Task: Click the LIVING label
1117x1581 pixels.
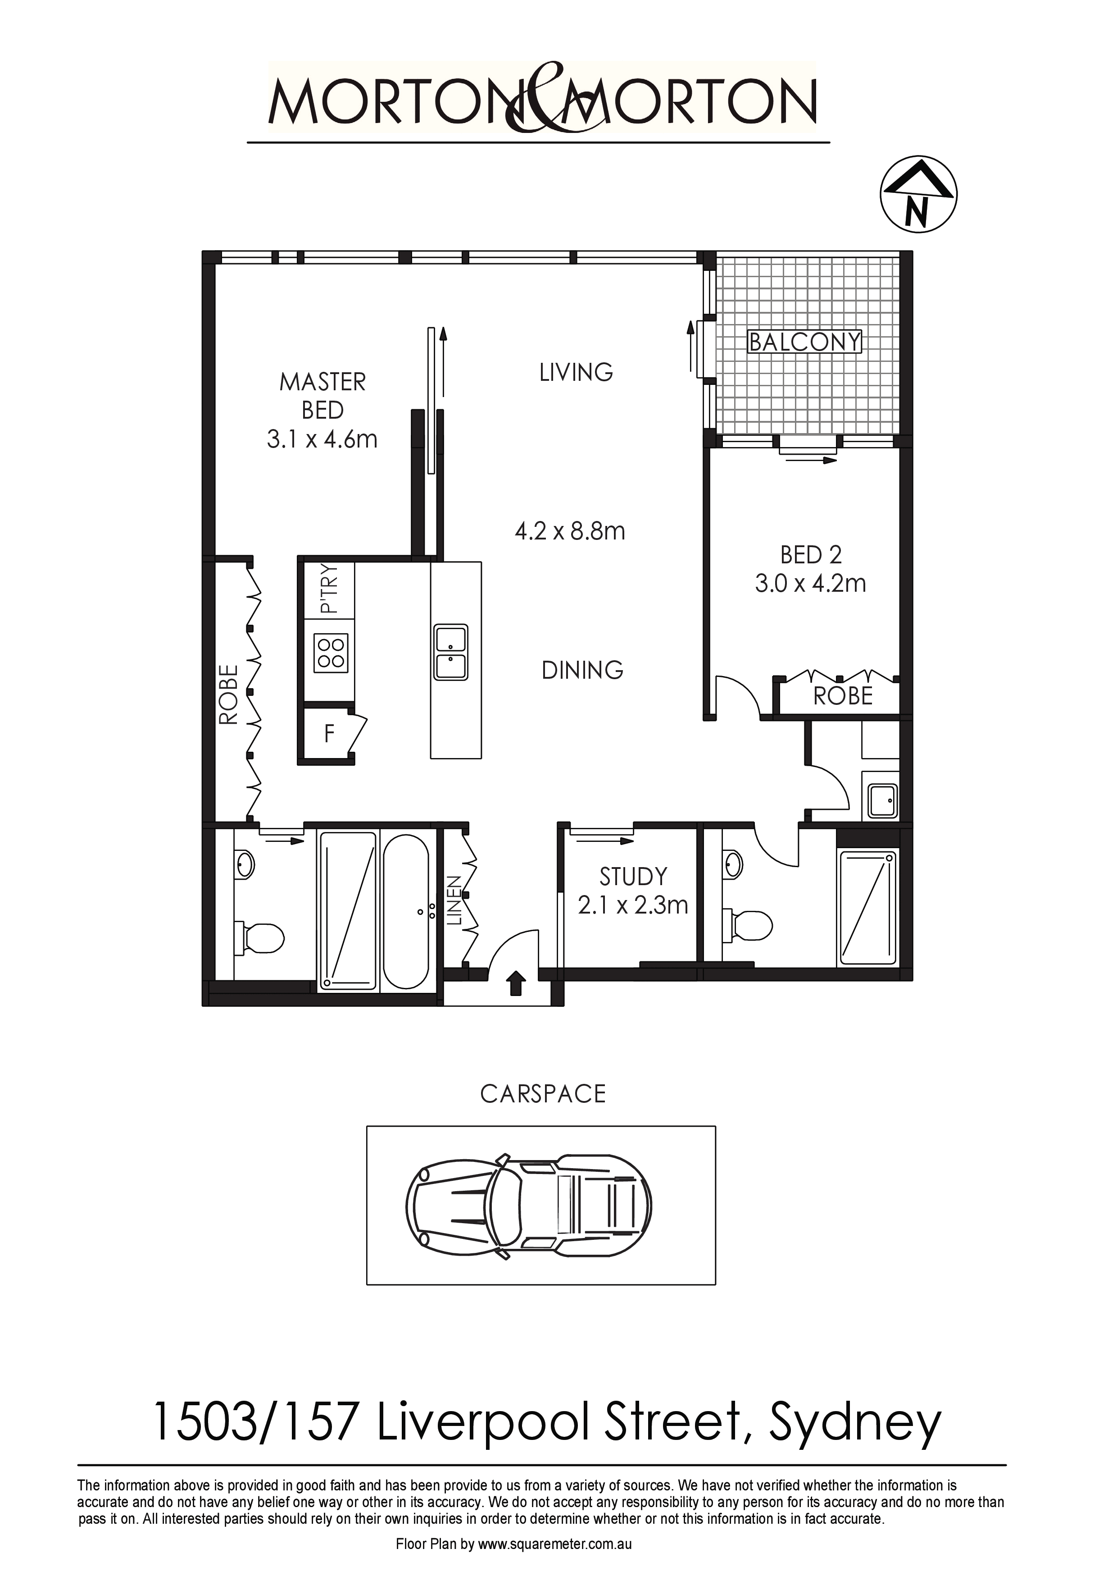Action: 576,373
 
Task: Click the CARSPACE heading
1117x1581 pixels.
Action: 543,1094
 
